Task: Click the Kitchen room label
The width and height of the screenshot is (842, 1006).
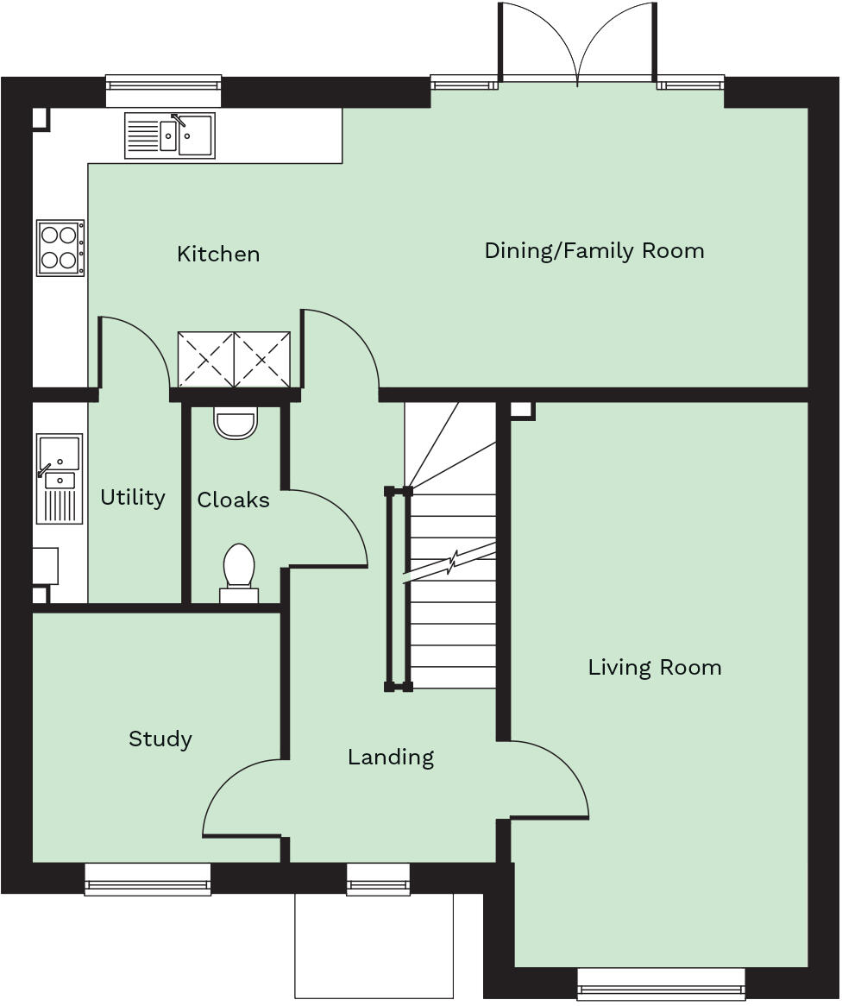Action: click(217, 254)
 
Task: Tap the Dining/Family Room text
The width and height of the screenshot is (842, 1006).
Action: click(594, 251)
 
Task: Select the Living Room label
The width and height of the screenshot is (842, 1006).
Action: click(654, 667)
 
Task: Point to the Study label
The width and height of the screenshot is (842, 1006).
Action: click(160, 739)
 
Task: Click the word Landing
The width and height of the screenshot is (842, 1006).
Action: click(390, 757)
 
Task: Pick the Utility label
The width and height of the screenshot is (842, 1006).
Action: click(132, 497)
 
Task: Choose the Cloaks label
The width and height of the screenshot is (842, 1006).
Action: click(233, 500)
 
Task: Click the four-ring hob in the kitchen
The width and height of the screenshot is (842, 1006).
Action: click(60, 248)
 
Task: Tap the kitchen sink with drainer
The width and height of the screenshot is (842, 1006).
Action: click(170, 135)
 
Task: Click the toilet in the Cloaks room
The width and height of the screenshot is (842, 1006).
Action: click(239, 570)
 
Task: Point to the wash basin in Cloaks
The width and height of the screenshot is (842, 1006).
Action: click(236, 423)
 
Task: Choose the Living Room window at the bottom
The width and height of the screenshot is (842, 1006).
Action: click(661, 983)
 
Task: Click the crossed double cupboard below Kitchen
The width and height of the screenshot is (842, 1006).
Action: click(234, 360)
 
